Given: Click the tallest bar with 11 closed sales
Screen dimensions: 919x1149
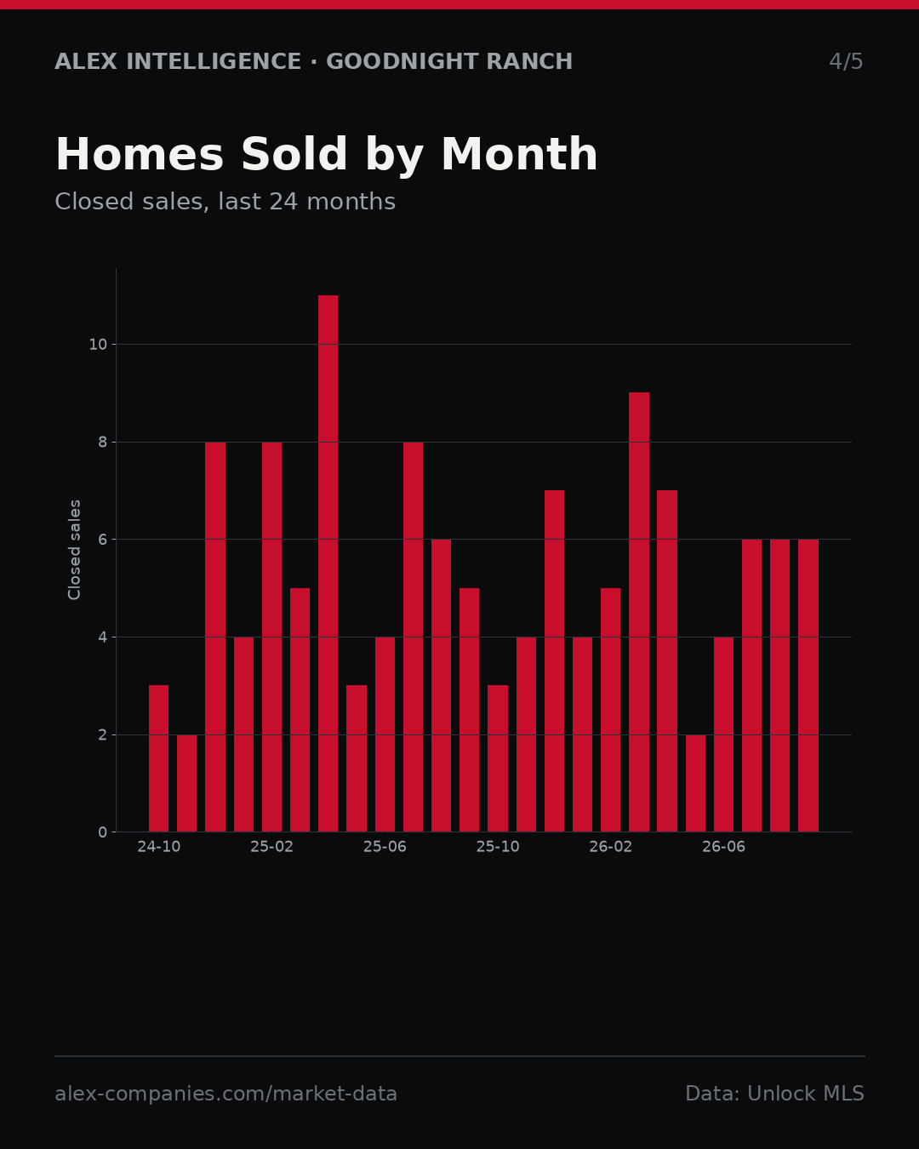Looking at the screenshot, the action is click(x=328, y=563).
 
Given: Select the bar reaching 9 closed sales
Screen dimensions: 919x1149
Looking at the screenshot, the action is click(x=639, y=612).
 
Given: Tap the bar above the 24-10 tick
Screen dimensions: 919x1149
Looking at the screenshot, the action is click(x=158, y=758).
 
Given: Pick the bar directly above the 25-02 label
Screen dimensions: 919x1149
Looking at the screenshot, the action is click(x=271, y=637).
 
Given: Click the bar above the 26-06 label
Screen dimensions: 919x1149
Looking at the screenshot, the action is click(x=723, y=735).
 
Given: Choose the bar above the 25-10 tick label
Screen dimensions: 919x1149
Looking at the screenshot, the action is click(x=498, y=758).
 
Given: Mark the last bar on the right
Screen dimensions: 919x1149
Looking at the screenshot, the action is click(x=808, y=685).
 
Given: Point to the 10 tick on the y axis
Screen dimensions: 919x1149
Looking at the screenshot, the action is click(x=98, y=345).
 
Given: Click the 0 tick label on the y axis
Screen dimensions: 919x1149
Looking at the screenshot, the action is click(x=103, y=832).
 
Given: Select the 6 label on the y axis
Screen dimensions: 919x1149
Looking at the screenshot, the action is click(x=103, y=540).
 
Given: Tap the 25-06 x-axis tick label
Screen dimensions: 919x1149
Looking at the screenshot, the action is click(x=385, y=847).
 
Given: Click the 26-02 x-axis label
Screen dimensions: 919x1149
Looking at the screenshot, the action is click(x=610, y=847).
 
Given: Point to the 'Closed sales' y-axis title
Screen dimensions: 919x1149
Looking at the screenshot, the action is click(x=74, y=550).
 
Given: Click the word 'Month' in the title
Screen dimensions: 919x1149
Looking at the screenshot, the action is click(x=519, y=154).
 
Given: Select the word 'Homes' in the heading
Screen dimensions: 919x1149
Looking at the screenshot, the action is click(x=140, y=154).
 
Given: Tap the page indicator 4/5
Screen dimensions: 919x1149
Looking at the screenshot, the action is click(x=846, y=61).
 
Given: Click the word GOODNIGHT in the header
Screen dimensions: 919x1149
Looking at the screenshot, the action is click(x=402, y=61).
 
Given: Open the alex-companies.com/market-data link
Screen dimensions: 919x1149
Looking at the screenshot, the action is click(x=225, y=1094).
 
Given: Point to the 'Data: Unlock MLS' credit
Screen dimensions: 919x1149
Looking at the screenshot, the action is click(x=774, y=1094).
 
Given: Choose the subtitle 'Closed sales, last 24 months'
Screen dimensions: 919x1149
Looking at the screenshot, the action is click(x=225, y=202).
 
